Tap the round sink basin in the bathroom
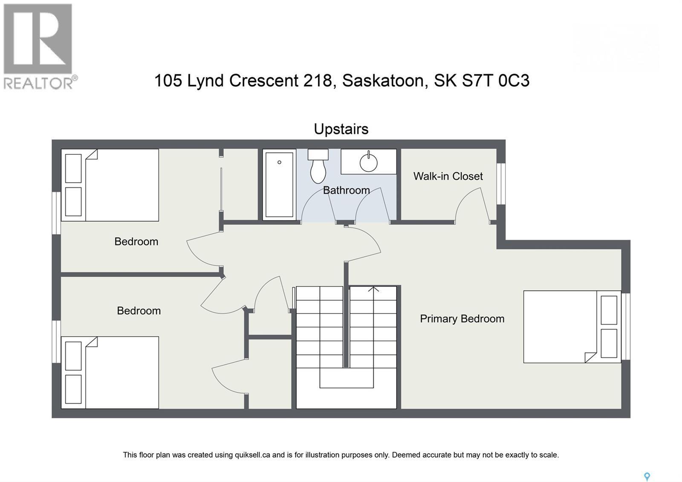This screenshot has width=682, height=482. [x=368, y=163]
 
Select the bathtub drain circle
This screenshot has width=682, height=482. [x=280, y=162]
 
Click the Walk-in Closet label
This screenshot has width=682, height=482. [x=448, y=176]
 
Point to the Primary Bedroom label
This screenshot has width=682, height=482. [x=462, y=319]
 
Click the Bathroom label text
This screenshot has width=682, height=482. [x=346, y=190]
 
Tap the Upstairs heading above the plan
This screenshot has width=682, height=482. [x=341, y=129]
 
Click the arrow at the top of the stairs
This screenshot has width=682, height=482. [x=373, y=290]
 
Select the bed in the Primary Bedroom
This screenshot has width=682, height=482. [x=571, y=327]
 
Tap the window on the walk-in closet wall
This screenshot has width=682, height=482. [x=501, y=183]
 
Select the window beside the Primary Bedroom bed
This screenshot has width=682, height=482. [x=625, y=326]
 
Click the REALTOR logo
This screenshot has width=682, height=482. [x=39, y=46]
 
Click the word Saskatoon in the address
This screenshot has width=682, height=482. [x=385, y=80]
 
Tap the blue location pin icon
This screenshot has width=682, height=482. [x=647, y=476]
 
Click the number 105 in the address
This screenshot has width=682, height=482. [x=168, y=80]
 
